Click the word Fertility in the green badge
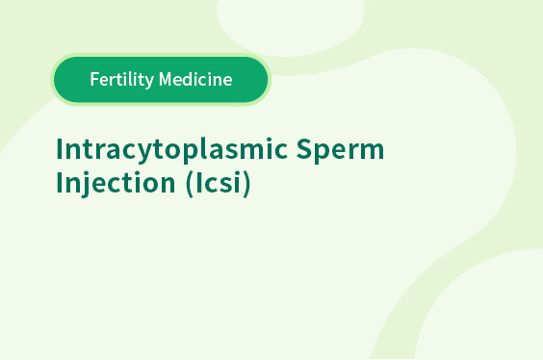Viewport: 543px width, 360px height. pos(122,80)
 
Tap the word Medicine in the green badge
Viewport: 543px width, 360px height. pos(195,79)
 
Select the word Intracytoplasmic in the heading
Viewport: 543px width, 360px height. pos(171,150)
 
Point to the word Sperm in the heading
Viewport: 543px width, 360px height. pos(340,150)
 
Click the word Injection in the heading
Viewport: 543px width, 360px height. pos(116,183)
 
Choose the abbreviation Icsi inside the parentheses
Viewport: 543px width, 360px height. pos(219,182)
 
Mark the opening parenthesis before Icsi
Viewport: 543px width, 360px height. pos(190,184)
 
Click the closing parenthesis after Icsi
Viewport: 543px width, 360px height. pos(246,184)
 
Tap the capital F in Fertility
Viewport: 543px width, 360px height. pos(94,79)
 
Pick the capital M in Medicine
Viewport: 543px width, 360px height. pos(166,79)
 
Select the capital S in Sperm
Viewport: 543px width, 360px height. pos(304,149)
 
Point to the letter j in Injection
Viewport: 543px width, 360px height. pos(89,184)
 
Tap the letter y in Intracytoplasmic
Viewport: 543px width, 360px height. pos(144,154)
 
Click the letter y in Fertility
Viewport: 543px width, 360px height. pos(149,83)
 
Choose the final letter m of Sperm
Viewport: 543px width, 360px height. pos(372,151)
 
